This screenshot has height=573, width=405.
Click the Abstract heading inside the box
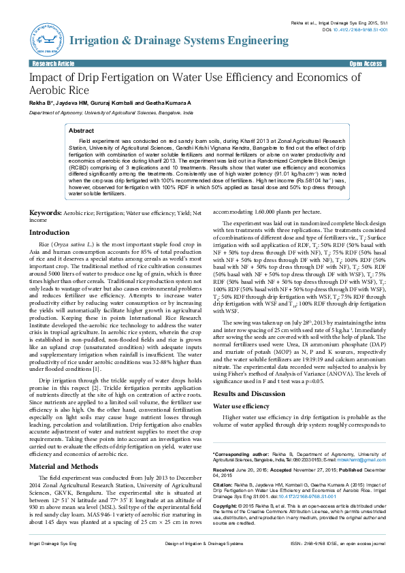point(82,130)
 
